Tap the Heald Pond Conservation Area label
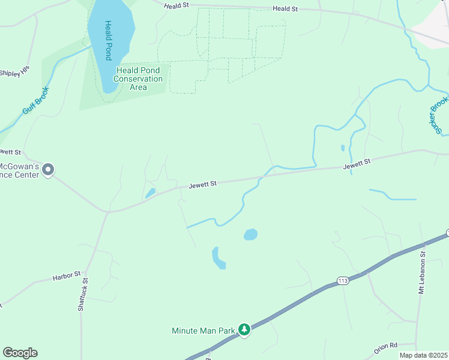[x=138, y=79]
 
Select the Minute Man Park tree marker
[x=244, y=329]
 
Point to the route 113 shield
[x=343, y=281]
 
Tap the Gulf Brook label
[x=35, y=102]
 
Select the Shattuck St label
[x=83, y=294]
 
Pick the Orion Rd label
[x=385, y=346]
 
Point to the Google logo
[x=20, y=353]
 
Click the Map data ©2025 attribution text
[x=423, y=355]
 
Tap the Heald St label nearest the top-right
[x=285, y=9]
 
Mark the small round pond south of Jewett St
[x=250, y=234]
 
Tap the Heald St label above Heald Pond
[x=178, y=5]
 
